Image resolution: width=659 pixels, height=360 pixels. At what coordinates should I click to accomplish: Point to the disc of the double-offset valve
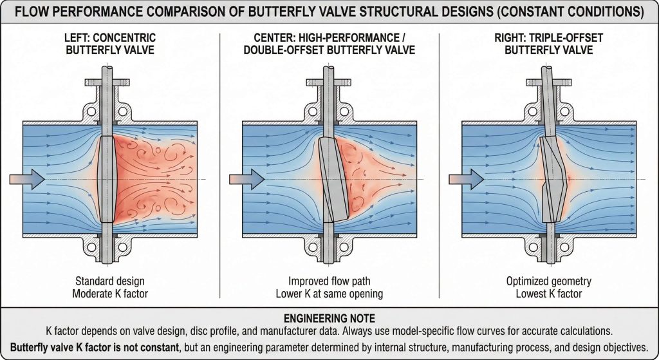tap(328, 178)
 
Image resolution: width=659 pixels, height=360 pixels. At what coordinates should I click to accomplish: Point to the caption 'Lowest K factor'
tap(548, 293)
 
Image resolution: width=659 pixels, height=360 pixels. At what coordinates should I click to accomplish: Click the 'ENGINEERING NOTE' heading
tap(329, 319)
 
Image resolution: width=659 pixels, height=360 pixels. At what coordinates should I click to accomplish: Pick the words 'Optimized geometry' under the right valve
tap(548, 281)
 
